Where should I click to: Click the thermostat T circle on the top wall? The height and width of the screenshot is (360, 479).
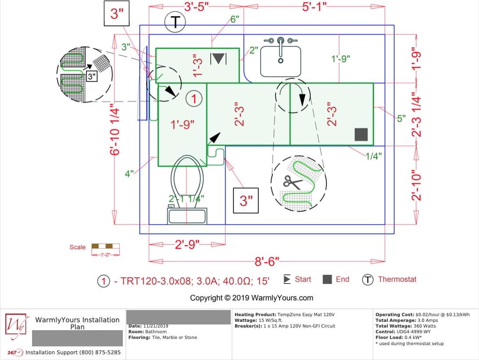[x=175, y=21]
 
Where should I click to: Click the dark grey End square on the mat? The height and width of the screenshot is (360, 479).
[x=361, y=134]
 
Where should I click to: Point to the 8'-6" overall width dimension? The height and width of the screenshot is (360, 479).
[x=267, y=262]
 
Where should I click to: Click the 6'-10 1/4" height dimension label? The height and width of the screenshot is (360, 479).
[x=114, y=130]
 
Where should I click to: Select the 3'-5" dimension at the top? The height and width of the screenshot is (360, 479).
[x=197, y=7]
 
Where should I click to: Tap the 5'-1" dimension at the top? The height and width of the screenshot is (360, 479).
[x=315, y=7]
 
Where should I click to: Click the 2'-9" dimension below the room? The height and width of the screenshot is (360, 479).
[x=187, y=245]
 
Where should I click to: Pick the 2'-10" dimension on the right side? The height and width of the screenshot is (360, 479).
[x=416, y=185]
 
